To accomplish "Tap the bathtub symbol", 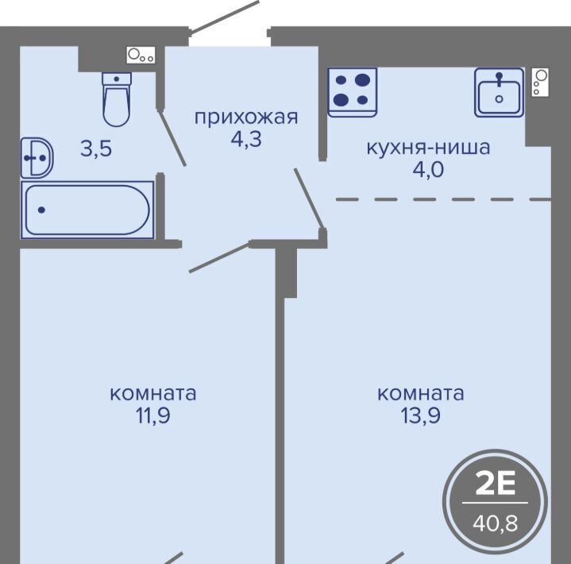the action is tap(87, 210).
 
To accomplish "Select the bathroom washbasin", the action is tap(37, 158).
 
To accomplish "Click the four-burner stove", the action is tap(352, 92).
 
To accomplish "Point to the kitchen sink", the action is tap(500, 92).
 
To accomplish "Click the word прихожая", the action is tap(246, 118).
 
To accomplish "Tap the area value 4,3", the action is tap(246, 139).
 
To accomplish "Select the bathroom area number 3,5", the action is tap(96, 149).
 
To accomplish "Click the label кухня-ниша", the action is tap(428, 148).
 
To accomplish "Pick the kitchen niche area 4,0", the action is tap(428, 169).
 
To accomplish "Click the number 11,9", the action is tap(153, 415).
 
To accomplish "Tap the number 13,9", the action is tap(421, 415).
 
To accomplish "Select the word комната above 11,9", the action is tap(153, 394).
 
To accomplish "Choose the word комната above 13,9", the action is tap(421, 394).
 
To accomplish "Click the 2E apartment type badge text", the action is tap(496, 484).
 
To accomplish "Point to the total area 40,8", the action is tap(496, 523).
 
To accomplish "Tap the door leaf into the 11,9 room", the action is tap(219, 257).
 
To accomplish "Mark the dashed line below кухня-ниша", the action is tap(443, 199).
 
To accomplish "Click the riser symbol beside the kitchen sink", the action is tap(540, 83).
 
